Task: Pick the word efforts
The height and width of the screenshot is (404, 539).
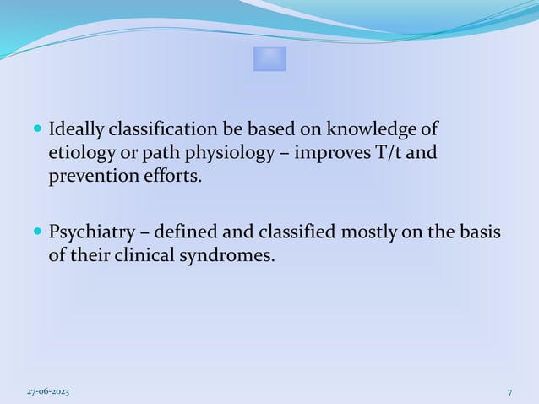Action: (x=178, y=178)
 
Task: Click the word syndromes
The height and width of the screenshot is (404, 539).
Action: (x=232, y=254)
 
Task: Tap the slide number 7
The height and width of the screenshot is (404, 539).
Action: (x=509, y=391)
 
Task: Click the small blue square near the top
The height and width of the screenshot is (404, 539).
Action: (x=269, y=59)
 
